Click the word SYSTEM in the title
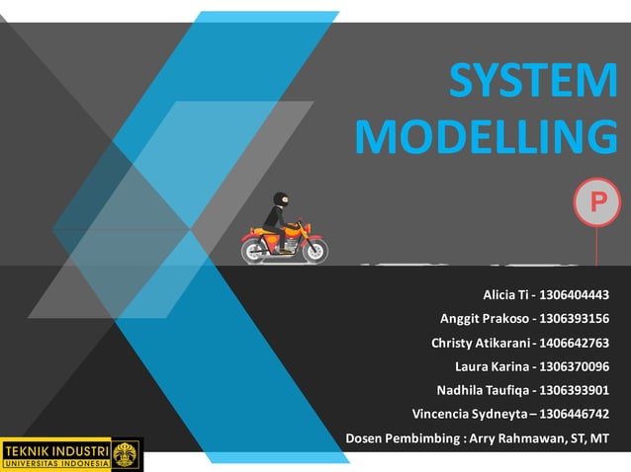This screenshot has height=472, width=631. [532, 82]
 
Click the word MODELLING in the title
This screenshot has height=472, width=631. [485, 137]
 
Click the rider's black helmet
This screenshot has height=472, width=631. [281, 198]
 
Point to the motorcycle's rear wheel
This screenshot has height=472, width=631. [255, 250]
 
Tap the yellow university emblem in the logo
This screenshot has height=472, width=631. [126, 454]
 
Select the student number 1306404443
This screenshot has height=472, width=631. [575, 295]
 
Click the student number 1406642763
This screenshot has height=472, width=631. [575, 343]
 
